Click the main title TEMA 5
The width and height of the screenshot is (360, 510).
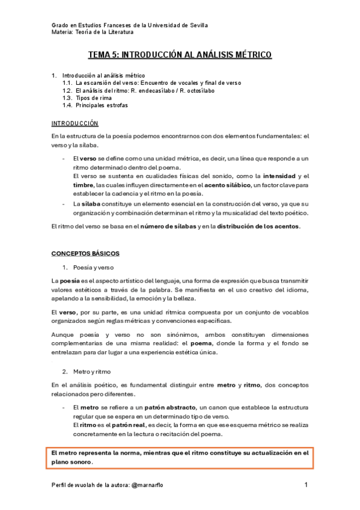(x=180, y=55)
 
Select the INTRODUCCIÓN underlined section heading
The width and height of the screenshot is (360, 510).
(x=75, y=123)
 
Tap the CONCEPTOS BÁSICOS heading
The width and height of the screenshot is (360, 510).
(x=85, y=253)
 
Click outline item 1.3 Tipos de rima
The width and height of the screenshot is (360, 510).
(x=86, y=97)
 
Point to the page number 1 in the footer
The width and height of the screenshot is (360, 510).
(x=306, y=485)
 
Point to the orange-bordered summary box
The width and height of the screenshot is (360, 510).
(x=180, y=457)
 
